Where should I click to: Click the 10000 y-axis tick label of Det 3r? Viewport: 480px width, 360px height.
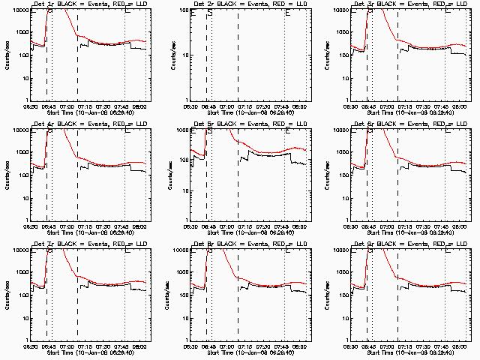coord(349,10)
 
